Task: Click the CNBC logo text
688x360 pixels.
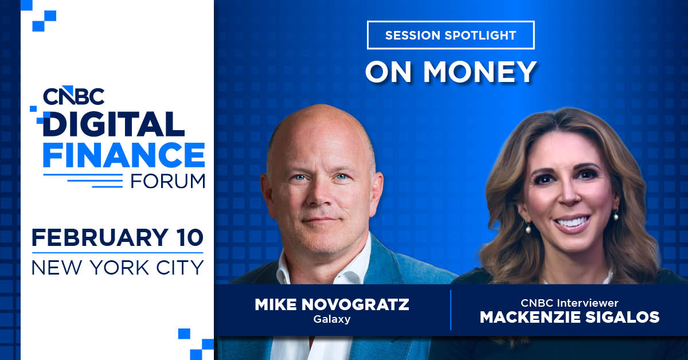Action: (73, 95)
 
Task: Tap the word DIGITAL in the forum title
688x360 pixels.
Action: (113, 124)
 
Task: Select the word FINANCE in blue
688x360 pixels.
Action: (124, 154)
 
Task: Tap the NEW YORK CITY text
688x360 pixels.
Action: (118, 266)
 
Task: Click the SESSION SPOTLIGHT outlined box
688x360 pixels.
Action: (451, 35)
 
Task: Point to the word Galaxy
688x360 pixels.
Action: (332, 319)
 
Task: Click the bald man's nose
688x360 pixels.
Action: (322, 198)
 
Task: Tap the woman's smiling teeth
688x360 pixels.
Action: (572, 221)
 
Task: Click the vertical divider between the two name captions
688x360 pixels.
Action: (451, 310)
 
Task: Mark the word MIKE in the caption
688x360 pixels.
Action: (275, 304)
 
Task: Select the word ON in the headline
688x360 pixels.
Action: (386, 71)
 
